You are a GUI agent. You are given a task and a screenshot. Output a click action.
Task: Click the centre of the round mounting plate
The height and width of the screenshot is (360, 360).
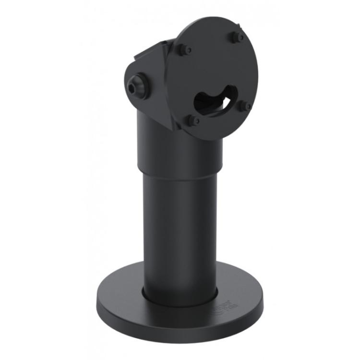coord(216,77)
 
